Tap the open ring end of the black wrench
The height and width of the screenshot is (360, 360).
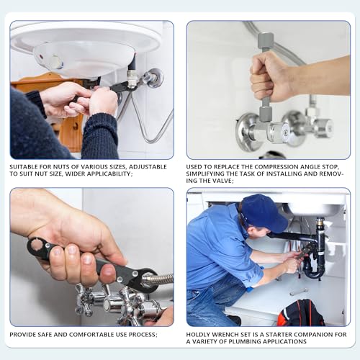(37, 248)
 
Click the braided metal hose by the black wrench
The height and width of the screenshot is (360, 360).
(160, 278)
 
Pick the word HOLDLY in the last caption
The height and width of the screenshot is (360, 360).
(199, 334)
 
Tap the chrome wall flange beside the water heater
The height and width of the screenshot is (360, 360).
(153, 78)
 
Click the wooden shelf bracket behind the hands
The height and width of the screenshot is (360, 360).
(70, 130)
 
